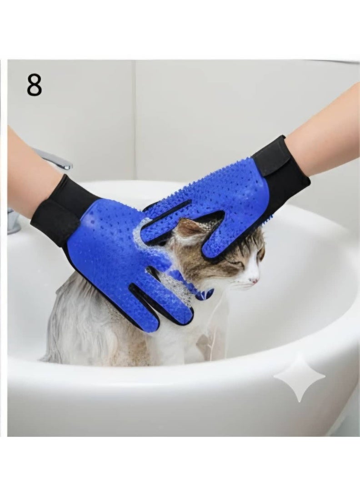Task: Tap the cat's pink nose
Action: (x=256, y=281)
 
